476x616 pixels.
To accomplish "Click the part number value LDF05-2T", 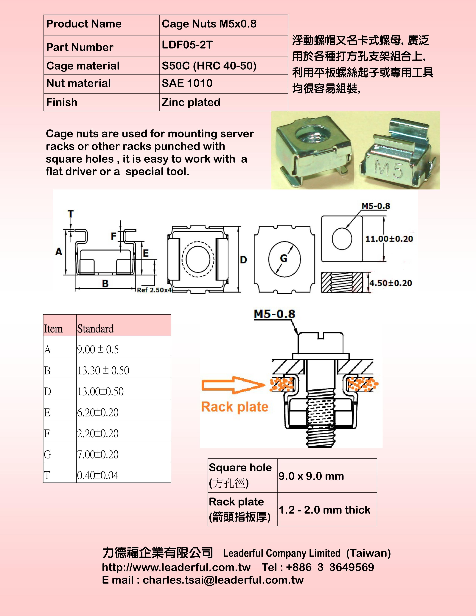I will [x=187, y=45].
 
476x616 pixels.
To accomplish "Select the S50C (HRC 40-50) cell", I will [x=209, y=66].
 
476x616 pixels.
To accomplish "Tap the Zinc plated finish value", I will [x=191, y=102].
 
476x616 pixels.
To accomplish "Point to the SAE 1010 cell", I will [x=187, y=83].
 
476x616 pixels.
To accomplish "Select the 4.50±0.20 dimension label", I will [x=391, y=283].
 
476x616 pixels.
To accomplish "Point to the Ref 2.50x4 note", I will [x=154, y=290].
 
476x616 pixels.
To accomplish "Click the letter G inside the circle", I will [x=283, y=258].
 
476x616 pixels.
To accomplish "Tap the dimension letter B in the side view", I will [x=105, y=283].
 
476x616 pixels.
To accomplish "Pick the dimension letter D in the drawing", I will [x=244, y=259].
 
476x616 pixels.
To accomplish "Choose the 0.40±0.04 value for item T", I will [x=98, y=475].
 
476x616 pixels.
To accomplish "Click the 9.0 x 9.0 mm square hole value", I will [x=311, y=476].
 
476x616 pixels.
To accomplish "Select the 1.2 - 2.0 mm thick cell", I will [x=324, y=510].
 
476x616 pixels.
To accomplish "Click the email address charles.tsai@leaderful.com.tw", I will [x=223, y=580].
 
